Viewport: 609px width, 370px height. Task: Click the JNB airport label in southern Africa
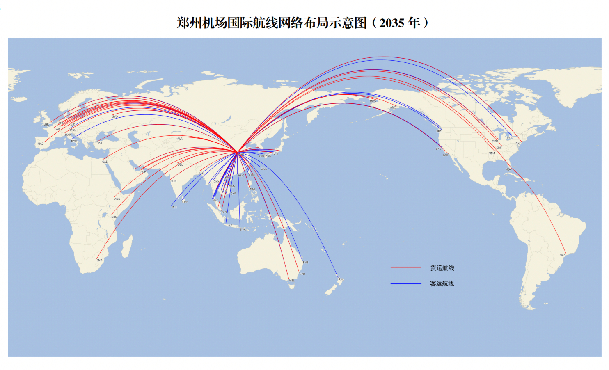point(99,260)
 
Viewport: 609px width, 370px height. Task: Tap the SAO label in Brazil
point(563,256)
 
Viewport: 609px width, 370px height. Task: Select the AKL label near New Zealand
point(341,279)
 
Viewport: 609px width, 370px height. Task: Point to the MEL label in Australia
point(292,281)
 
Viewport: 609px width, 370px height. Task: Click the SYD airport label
point(302,274)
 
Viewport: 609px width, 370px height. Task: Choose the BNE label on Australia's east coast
point(305,263)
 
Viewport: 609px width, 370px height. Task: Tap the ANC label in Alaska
point(393,108)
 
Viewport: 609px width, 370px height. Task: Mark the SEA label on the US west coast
point(439,132)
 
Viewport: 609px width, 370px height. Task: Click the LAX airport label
point(445,155)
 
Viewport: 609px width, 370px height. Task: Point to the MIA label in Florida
point(508,169)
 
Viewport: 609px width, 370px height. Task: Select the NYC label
point(518,144)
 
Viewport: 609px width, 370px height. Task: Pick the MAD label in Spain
point(41,144)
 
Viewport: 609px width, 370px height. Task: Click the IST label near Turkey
point(100,143)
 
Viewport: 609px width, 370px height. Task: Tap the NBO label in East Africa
point(114,217)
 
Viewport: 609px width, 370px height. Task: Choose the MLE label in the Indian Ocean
point(174,208)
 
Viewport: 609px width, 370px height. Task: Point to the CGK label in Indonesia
point(229,226)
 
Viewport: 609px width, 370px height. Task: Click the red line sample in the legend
point(405,267)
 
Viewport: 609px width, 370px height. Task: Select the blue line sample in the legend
point(405,283)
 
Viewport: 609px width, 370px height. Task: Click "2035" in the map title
point(391,23)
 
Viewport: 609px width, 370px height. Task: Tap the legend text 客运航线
point(442,283)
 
